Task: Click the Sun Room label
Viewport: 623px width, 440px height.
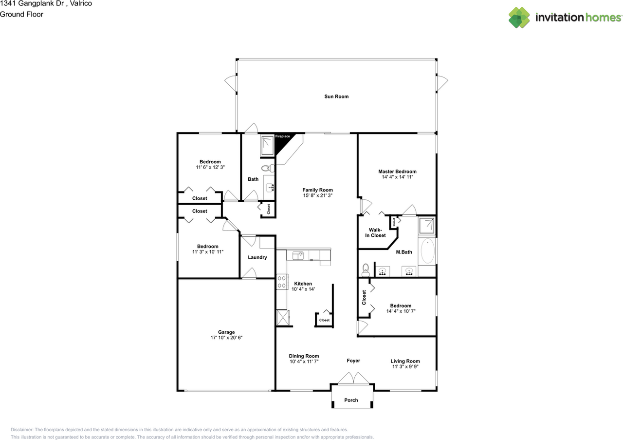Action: click(x=336, y=96)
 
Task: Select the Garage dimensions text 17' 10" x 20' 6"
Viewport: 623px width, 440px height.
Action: click(x=226, y=337)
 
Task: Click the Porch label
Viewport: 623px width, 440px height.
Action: click(x=351, y=400)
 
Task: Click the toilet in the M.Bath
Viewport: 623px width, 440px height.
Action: click(x=366, y=269)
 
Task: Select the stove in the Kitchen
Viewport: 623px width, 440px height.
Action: click(x=281, y=282)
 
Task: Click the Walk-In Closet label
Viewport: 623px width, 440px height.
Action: click(x=375, y=232)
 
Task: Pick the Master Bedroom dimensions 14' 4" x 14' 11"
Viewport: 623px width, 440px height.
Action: click(x=397, y=177)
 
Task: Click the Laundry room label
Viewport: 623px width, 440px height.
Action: click(x=257, y=257)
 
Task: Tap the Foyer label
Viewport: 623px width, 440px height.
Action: click(x=353, y=361)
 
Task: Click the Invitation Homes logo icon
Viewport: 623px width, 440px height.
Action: click(x=519, y=18)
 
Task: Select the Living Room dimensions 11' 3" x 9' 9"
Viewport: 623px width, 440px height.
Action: click(x=405, y=367)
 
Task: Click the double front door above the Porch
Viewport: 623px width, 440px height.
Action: click(x=352, y=378)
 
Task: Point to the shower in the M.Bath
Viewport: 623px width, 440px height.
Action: click(x=427, y=226)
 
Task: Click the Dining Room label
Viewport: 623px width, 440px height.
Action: click(x=304, y=356)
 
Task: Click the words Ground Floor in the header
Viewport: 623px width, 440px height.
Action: click(x=21, y=14)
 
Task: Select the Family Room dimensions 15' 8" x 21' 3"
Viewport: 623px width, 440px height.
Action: click(x=317, y=195)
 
